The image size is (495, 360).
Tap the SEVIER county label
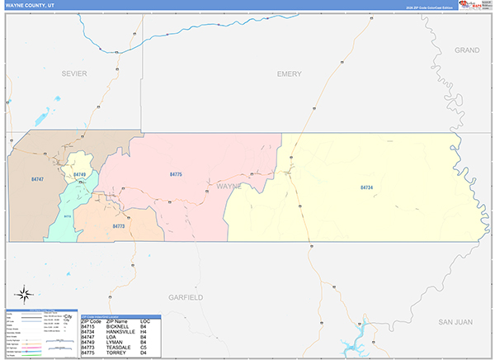coord(73,73)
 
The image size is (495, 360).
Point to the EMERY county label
coord(289,73)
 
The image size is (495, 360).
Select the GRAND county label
coord(467,50)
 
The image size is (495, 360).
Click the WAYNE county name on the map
coord(229,187)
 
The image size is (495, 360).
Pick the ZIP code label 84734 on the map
coord(367,187)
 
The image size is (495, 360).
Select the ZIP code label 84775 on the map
coord(176,175)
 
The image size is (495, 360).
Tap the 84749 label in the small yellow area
coord(79,175)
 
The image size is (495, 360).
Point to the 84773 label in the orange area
coord(118,225)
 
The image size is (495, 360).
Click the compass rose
coord(24,292)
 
